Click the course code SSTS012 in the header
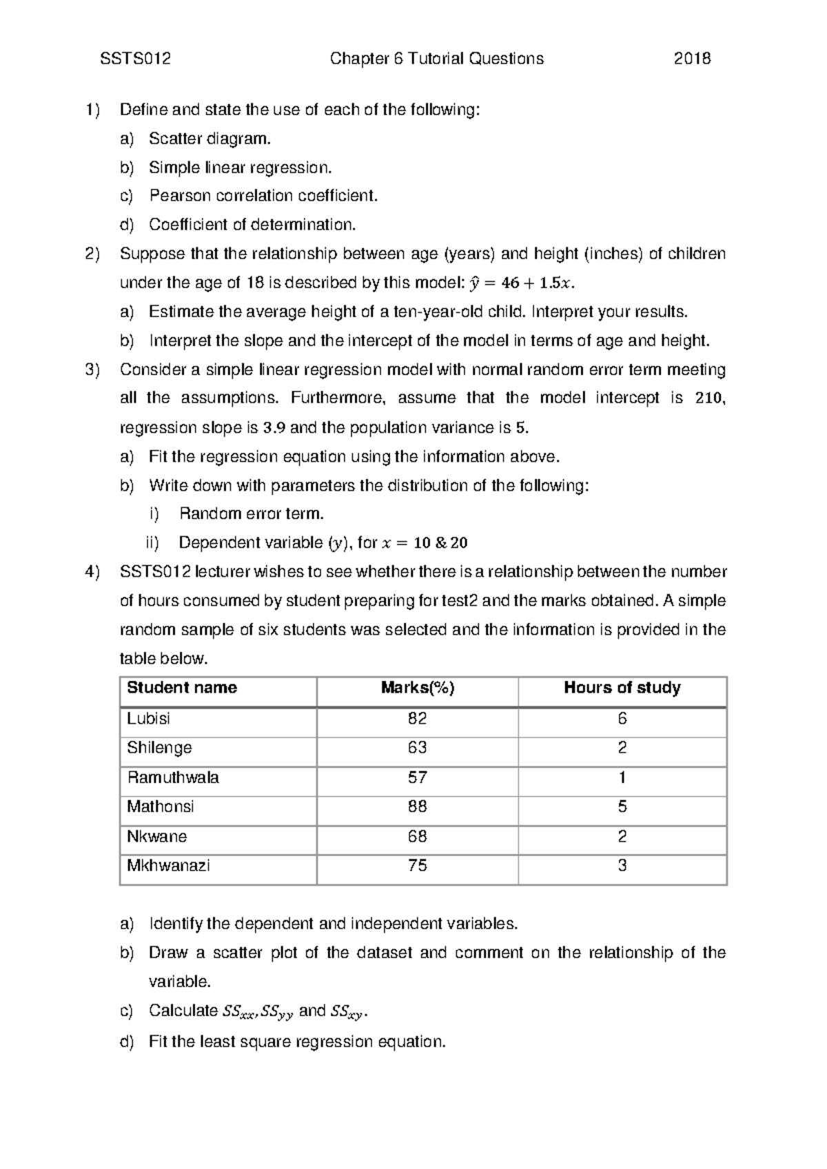coord(135,59)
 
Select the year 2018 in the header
coord(692,59)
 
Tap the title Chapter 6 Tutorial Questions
coord(437,59)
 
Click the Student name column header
coord(182,688)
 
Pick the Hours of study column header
coord(622,688)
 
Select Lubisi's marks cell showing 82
coord(417,719)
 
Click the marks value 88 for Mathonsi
coord(417,806)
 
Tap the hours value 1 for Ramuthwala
coord(622,777)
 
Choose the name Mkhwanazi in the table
coord(168,866)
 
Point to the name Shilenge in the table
coord(159,748)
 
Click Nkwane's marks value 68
coord(417,837)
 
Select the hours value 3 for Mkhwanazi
coord(622,866)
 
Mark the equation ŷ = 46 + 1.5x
coord(520,283)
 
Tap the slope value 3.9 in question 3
coord(274,428)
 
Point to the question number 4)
coord(92,572)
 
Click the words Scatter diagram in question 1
coord(210,139)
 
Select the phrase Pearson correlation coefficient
coord(263,196)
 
